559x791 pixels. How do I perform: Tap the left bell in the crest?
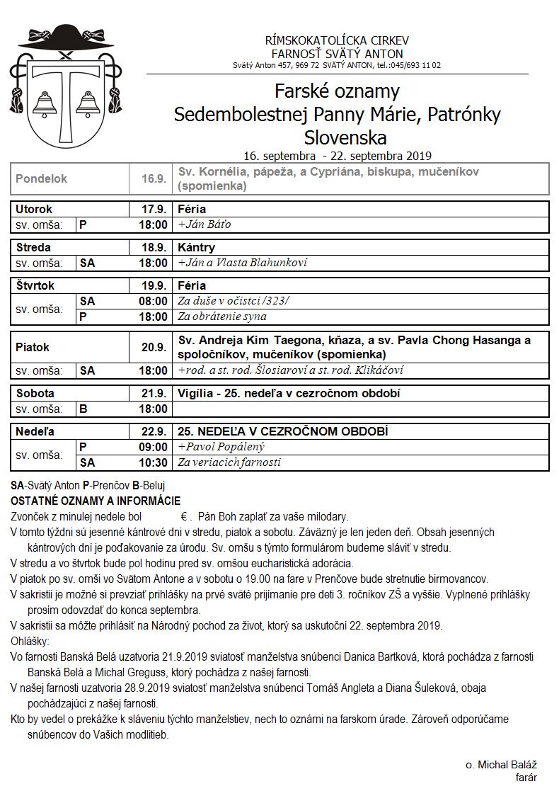click(x=45, y=106)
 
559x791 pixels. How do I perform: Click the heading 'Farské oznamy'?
click(x=337, y=91)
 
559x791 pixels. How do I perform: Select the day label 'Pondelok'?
click(x=41, y=179)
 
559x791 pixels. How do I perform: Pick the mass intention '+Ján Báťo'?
click(x=204, y=224)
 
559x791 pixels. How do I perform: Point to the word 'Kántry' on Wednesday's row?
click(x=197, y=248)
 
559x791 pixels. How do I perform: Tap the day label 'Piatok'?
click(x=33, y=348)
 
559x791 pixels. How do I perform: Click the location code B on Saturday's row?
click(x=83, y=409)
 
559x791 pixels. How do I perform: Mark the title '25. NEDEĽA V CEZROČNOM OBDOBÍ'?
click(x=283, y=431)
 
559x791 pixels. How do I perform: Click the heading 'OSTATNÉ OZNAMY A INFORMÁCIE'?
click(x=96, y=501)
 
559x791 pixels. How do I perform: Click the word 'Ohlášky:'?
click(x=30, y=642)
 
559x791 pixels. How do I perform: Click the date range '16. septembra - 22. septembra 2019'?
click(x=337, y=156)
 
